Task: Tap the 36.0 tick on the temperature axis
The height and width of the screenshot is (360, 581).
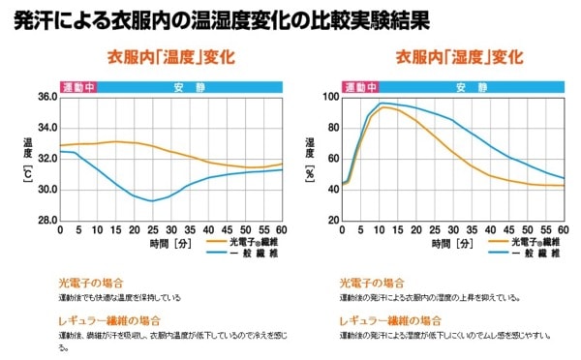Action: coord(46,97)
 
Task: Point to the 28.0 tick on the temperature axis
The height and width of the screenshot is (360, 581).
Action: coord(46,221)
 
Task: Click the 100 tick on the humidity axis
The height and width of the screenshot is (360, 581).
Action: coord(331,97)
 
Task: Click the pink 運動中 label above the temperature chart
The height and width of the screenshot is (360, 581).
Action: coord(78,86)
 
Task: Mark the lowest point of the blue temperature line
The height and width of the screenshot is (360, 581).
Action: coord(152,201)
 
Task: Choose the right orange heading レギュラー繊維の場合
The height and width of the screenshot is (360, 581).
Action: coord(391,319)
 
